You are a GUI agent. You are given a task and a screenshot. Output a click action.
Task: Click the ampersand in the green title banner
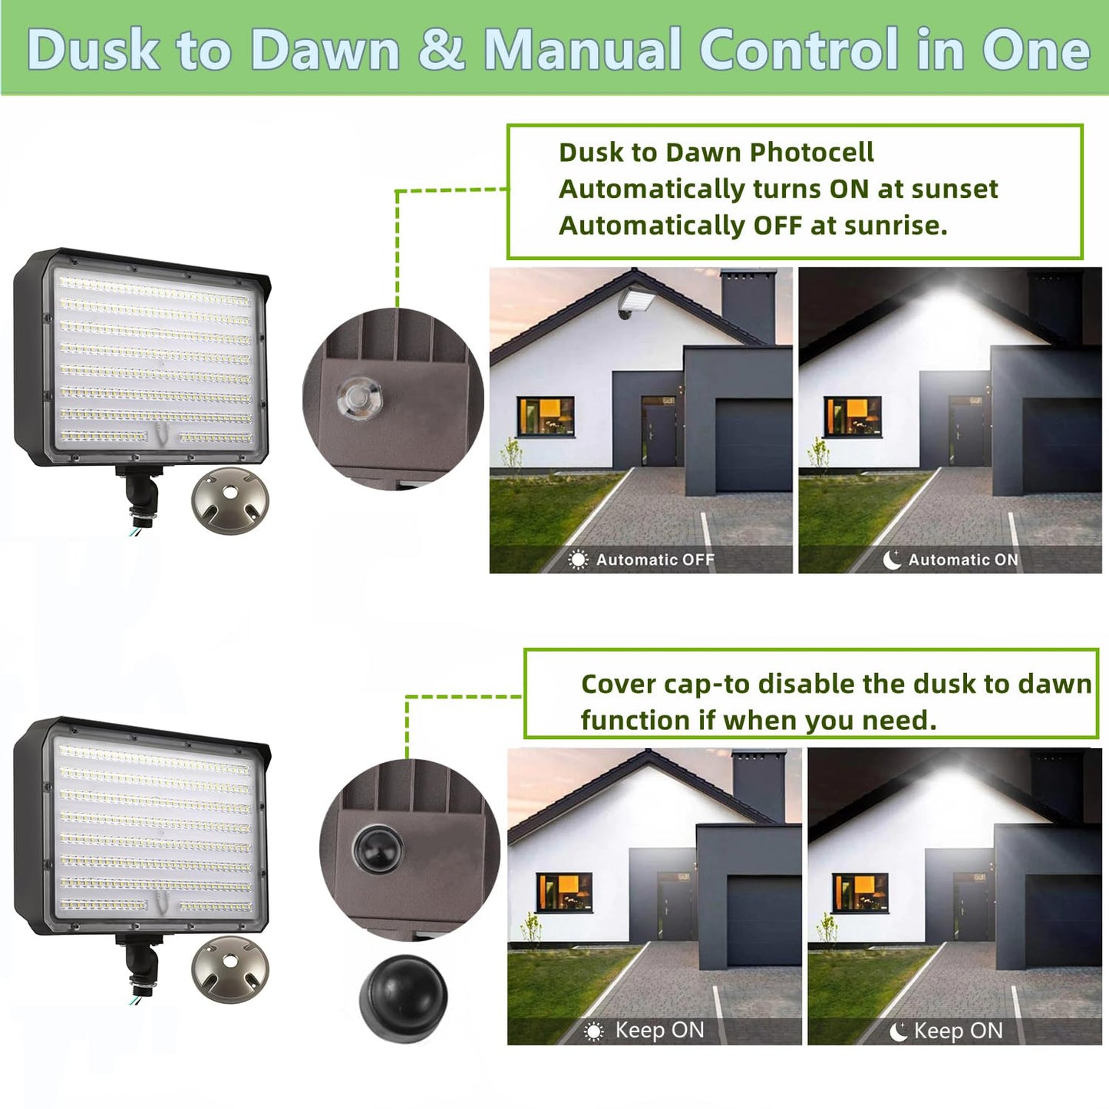point(441,50)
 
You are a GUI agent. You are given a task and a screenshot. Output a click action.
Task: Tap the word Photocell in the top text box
point(811,152)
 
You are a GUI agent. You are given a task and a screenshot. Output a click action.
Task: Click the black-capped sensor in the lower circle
point(378,848)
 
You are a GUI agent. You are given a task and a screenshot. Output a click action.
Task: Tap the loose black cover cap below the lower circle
point(403,997)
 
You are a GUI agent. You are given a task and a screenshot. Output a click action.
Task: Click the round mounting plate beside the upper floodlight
point(230,500)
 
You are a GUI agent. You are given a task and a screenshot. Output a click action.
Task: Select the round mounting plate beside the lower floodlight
point(230,969)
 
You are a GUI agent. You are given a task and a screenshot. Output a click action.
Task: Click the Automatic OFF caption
point(655,560)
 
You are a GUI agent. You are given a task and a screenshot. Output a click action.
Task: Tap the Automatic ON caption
point(963,560)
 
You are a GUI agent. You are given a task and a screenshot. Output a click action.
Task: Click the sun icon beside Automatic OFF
point(578,560)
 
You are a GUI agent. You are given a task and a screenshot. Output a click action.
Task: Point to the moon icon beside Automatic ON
point(892,560)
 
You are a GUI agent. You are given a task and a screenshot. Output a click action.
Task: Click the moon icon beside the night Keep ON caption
point(898,1031)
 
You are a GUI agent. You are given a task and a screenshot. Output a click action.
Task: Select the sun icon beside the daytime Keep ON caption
point(594,1031)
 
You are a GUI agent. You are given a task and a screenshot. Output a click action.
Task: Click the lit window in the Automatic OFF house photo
point(546,416)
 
